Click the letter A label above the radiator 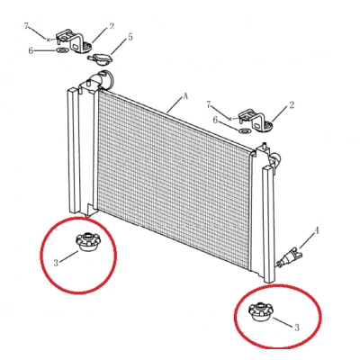tap(185, 96)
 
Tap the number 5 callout tap(130, 37)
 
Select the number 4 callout tap(316, 230)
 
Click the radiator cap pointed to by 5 tap(99, 58)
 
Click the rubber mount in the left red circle tap(86, 241)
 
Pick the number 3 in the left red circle tap(56, 263)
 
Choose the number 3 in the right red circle tap(297, 328)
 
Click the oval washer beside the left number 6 tap(62, 49)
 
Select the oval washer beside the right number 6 tap(245, 130)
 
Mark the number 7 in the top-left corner tap(26, 26)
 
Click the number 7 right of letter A tap(209, 104)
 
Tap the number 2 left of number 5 tap(112, 26)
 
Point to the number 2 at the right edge tap(292, 105)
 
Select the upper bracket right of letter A tap(256, 121)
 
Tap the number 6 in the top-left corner tap(31, 50)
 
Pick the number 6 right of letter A tap(215, 120)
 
